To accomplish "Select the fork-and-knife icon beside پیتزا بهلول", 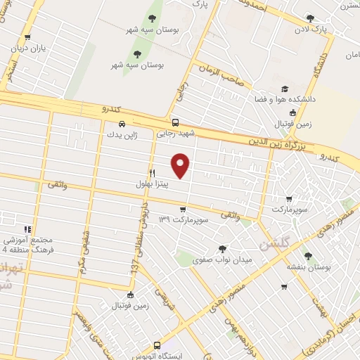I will pyautogui.click(x=152, y=173).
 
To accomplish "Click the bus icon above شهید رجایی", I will pyautogui.click(x=175, y=121).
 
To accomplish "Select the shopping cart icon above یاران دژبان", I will pyautogui.click(x=27, y=38).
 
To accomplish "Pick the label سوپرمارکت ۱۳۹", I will pyautogui.click(x=183, y=220).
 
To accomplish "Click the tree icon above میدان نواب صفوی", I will pyautogui.click(x=222, y=248).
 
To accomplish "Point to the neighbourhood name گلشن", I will pyautogui.click(x=274, y=245).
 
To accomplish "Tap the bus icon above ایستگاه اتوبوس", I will pyautogui.click(x=157, y=345).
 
